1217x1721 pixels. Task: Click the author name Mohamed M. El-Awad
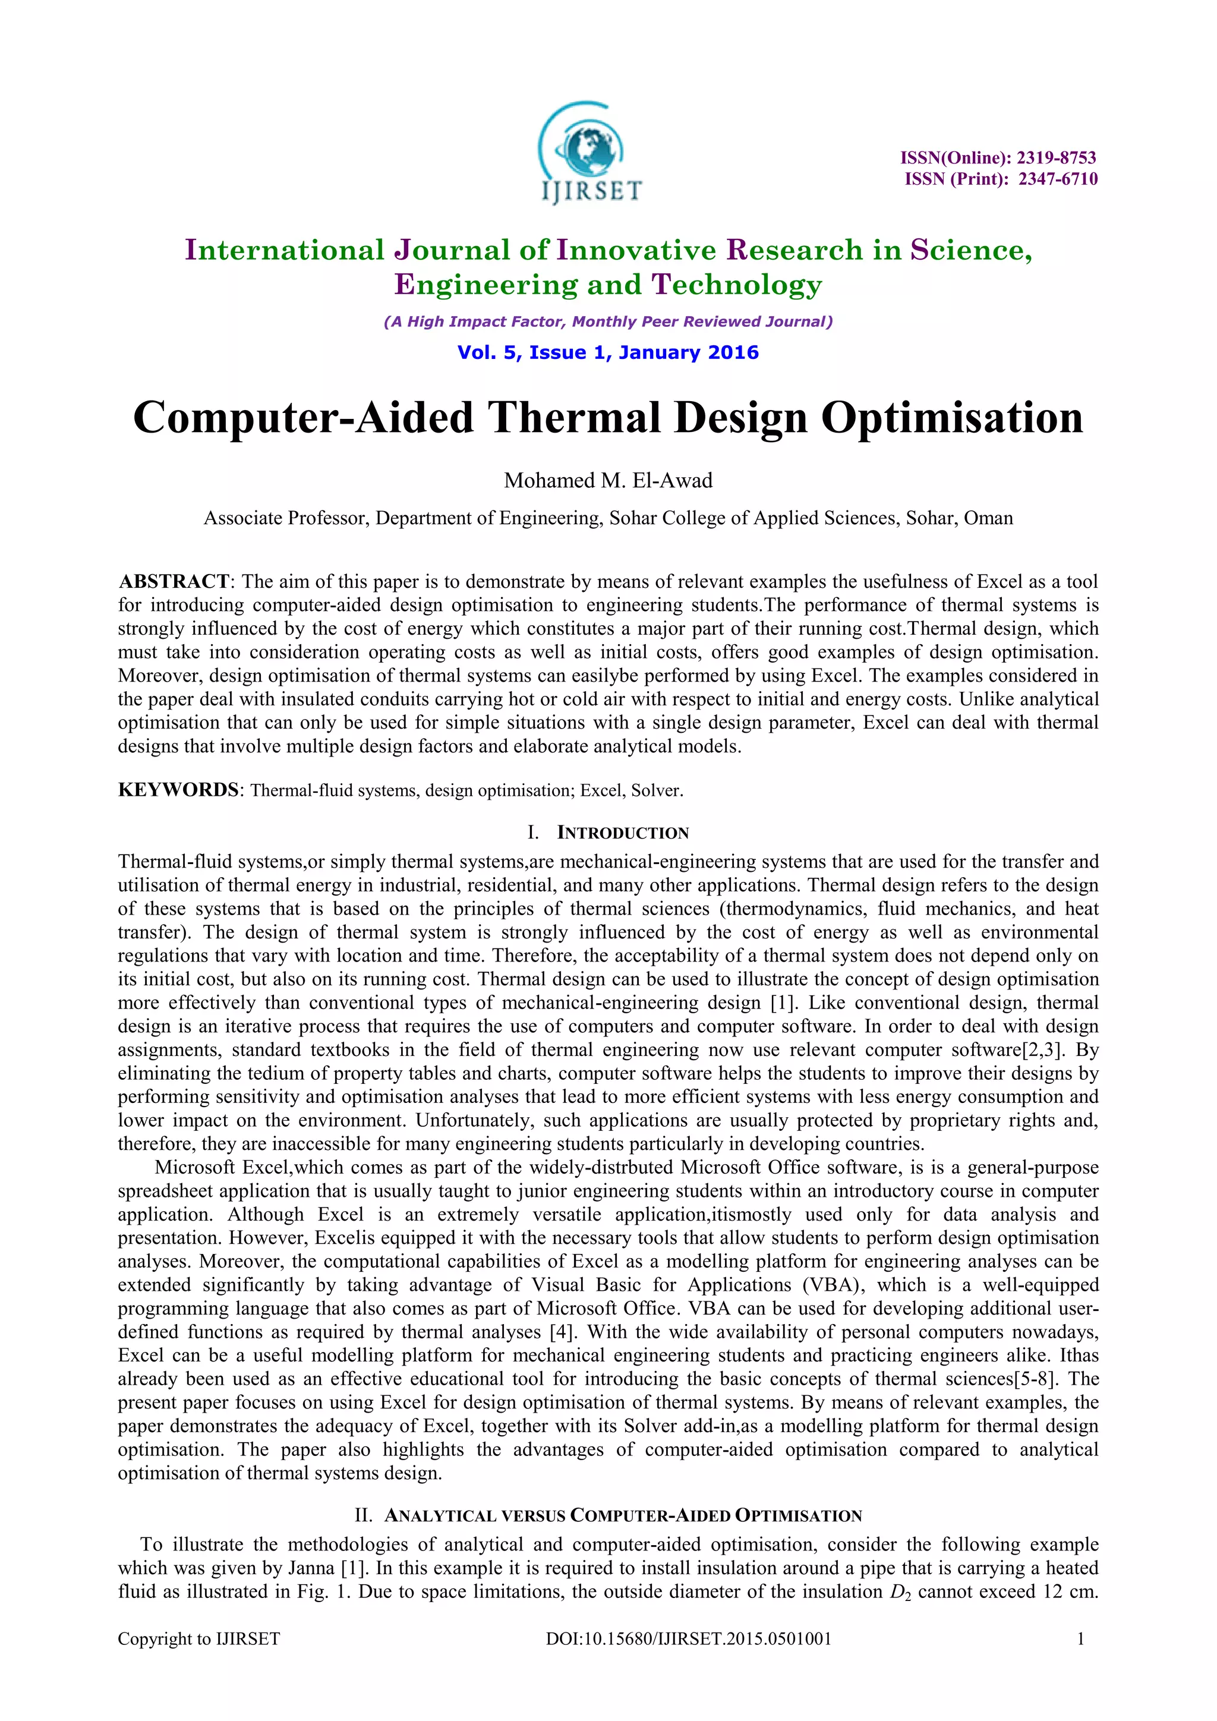608,481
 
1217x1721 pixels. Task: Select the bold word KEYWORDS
178,790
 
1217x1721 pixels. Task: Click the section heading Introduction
623,833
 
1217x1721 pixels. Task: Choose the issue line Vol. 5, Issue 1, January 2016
608,352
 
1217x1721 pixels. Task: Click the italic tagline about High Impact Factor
608,321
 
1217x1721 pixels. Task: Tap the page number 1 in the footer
1080,1638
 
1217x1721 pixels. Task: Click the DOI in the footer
689,1638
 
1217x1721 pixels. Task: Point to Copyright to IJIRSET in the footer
198,1638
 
